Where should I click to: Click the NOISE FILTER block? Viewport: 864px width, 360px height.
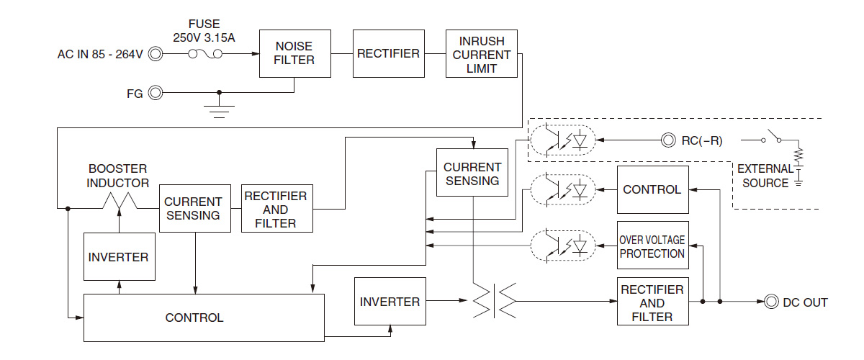(x=295, y=53)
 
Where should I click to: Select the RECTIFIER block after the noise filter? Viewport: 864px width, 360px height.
(x=388, y=53)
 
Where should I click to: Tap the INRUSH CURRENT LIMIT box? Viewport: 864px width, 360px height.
(x=482, y=53)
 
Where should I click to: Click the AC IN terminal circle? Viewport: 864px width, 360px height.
(x=155, y=54)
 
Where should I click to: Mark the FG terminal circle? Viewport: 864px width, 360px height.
(x=155, y=92)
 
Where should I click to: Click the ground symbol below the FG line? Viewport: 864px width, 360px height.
(x=219, y=109)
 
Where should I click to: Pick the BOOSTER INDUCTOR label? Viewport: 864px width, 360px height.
(x=117, y=176)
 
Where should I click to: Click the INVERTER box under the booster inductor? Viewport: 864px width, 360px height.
(x=119, y=257)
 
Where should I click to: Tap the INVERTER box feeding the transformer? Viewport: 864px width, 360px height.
(x=390, y=301)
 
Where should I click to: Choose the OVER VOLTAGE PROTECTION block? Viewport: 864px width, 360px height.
(x=652, y=246)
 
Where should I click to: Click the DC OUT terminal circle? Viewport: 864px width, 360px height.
(x=772, y=302)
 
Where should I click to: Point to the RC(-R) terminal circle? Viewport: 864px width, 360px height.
(x=669, y=140)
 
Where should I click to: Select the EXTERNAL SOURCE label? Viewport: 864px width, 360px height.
(x=765, y=176)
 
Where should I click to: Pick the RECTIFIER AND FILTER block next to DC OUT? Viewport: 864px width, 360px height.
(x=652, y=302)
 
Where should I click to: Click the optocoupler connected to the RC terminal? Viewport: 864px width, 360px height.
(x=563, y=140)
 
